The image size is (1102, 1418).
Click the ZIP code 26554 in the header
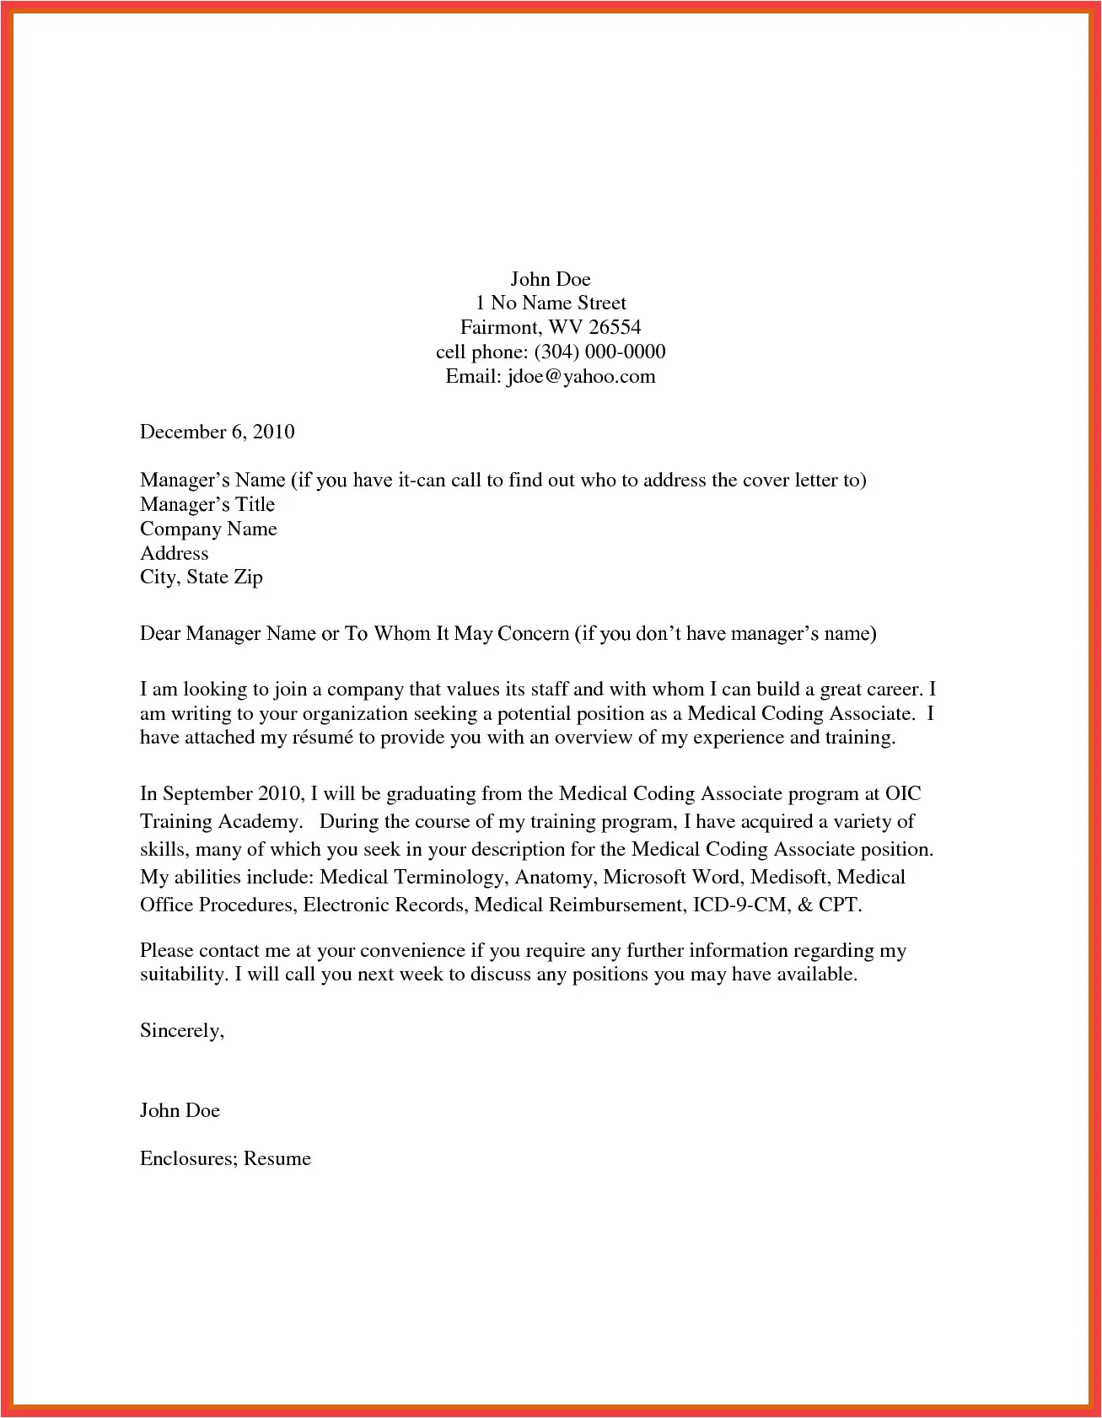click(x=615, y=327)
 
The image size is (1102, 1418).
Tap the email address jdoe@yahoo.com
click(x=581, y=376)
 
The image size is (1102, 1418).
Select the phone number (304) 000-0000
click(x=599, y=352)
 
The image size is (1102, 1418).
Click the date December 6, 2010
click(x=218, y=432)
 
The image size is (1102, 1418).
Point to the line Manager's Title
click(x=207, y=504)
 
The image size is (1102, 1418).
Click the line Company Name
click(x=208, y=529)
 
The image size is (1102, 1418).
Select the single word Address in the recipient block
click(x=175, y=553)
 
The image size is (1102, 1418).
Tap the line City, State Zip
click(x=202, y=577)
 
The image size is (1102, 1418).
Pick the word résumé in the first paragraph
click(x=322, y=738)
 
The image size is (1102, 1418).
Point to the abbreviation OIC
click(x=903, y=793)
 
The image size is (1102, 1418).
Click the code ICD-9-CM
click(x=740, y=905)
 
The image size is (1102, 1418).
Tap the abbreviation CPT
click(x=839, y=905)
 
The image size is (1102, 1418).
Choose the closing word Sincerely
click(x=181, y=1030)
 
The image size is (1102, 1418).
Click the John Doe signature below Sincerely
click(x=180, y=1110)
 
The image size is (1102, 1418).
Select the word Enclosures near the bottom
click(x=187, y=1158)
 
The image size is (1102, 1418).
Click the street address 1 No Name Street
click(x=551, y=303)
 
